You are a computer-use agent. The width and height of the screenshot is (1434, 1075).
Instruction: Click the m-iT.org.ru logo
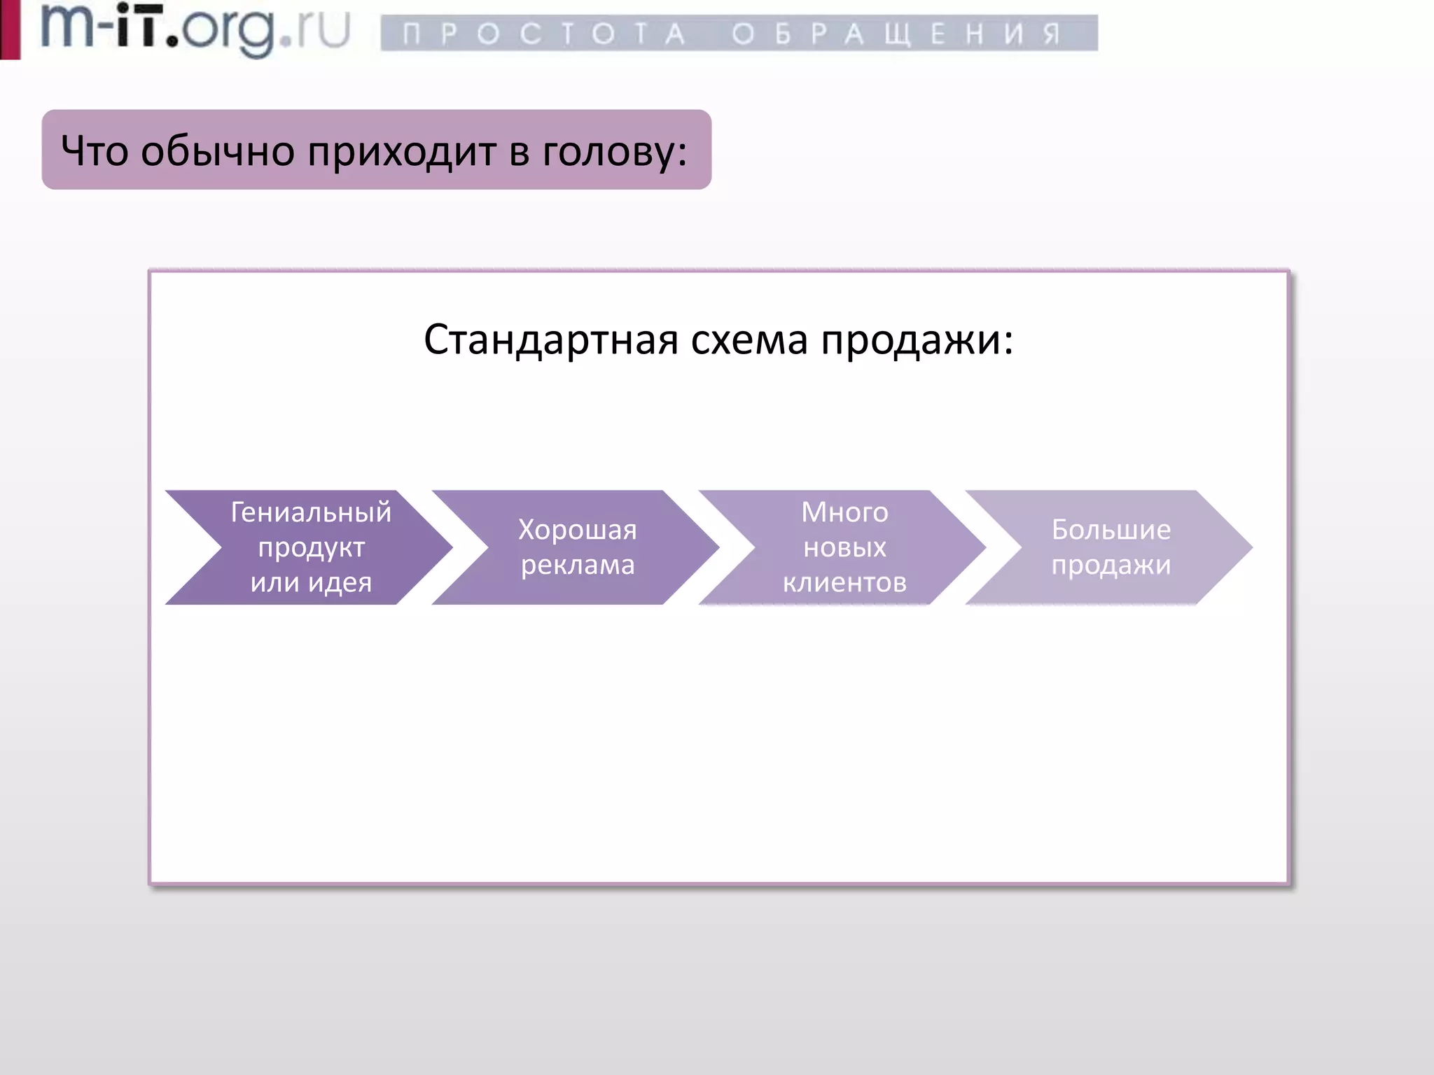click(x=195, y=29)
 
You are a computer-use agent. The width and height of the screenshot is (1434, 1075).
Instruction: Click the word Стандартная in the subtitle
click(x=551, y=340)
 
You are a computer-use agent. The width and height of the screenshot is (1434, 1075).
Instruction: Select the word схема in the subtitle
click(x=749, y=340)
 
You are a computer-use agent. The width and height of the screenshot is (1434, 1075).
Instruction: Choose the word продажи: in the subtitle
click(x=917, y=340)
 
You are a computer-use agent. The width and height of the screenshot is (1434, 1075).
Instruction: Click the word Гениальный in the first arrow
click(x=311, y=512)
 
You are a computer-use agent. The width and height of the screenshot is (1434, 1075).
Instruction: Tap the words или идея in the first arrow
click(x=311, y=582)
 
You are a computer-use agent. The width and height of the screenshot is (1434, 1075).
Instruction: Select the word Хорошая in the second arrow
click(x=578, y=530)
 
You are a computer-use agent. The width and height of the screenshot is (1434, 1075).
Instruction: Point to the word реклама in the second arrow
click(x=578, y=565)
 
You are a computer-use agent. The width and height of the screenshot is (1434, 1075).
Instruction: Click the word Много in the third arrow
click(x=844, y=512)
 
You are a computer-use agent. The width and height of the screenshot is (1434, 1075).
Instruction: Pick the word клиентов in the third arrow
click(x=844, y=582)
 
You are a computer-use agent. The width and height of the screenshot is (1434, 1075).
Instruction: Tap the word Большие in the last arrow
click(x=1111, y=530)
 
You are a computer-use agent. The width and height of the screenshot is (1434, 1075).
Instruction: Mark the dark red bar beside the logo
click(x=10, y=29)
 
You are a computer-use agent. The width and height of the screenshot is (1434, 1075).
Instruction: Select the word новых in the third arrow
click(x=844, y=547)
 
